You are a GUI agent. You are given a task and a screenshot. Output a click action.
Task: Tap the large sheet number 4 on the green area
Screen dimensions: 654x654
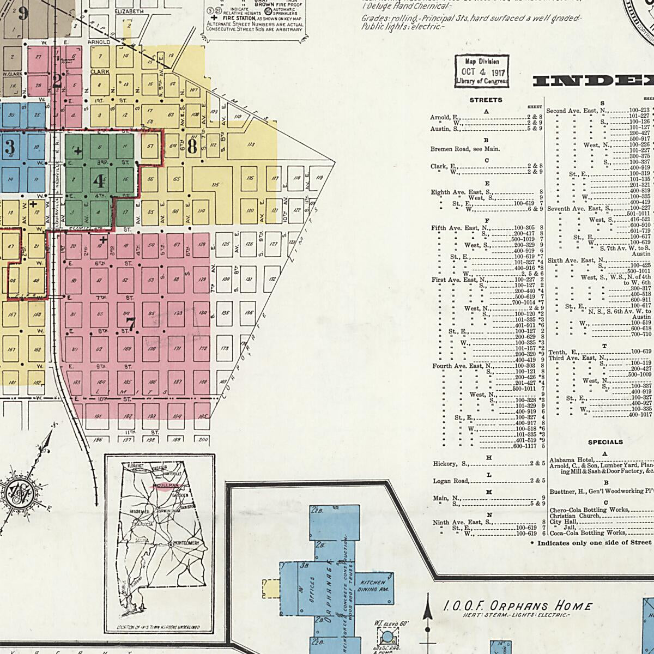point(98,180)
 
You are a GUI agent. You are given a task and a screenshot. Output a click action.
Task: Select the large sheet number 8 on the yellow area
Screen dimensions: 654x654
point(192,147)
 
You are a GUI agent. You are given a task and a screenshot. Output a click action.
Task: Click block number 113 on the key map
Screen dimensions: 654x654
point(251,144)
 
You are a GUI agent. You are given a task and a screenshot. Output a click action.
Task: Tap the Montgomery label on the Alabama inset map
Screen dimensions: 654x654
point(189,544)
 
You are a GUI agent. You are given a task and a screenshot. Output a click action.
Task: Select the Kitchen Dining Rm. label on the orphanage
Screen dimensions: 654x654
point(373,586)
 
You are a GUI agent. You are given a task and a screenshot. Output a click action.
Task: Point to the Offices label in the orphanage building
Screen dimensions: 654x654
point(312,590)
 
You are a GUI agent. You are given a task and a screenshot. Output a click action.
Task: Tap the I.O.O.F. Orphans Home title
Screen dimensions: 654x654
point(517,606)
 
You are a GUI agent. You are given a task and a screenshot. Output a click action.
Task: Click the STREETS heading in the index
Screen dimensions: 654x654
point(486,100)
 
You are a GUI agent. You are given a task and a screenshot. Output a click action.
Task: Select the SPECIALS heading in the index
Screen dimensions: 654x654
point(605,442)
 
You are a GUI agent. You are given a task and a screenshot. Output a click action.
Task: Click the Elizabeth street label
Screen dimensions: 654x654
point(129,11)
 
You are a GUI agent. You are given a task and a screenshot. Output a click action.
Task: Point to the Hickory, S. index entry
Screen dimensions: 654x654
point(451,463)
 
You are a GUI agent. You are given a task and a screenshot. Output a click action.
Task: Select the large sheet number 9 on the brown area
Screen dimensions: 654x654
point(22,13)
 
